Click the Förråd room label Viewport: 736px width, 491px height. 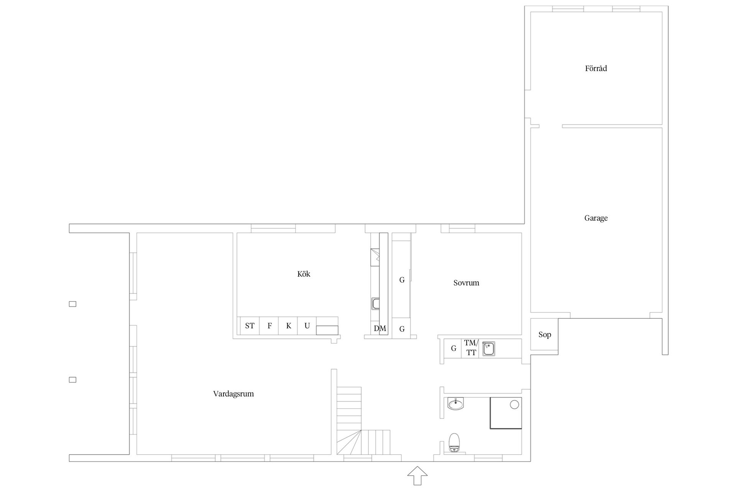coord(596,69)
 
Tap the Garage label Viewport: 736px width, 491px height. coord(596,218)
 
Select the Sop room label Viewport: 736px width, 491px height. coord(545,335)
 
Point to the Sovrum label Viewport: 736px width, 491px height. coord(466,283)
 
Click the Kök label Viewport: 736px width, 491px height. coord(304,274)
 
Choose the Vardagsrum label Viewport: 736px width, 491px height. coord(233,394)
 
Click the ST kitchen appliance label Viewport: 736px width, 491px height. coord(250,326)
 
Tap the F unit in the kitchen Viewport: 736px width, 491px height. coord(269,326)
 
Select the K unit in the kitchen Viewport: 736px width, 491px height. coord(289,326)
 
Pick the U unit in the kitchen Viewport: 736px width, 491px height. coord(307,326)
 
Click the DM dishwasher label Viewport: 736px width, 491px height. coord(380,329)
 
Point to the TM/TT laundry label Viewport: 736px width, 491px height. coord(471,348)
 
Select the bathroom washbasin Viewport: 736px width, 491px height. coord(456,404)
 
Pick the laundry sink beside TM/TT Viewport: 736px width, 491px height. coord(488,349)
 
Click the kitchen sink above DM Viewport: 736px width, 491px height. coord(376,304)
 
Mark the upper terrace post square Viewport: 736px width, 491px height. coord(72,304)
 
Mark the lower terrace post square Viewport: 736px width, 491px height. coord(72,380)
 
